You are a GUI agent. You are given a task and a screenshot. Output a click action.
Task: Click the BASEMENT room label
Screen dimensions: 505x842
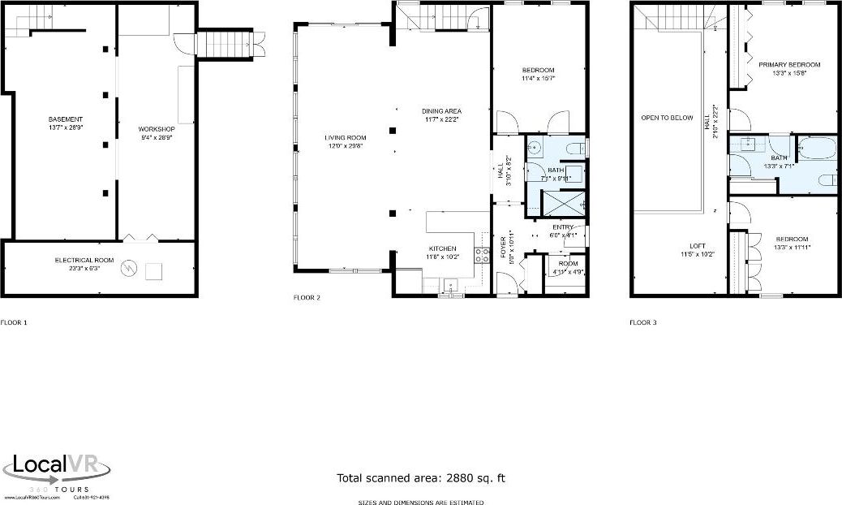point(61,119)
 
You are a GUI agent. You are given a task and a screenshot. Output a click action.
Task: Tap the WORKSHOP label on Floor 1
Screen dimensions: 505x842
point(157,129)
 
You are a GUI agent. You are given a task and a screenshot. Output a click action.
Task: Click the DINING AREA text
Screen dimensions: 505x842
point(441,111)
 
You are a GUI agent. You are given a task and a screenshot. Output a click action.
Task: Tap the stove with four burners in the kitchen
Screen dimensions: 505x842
point(482,254)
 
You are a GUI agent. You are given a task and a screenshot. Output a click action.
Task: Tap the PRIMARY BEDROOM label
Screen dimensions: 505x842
point(788,65)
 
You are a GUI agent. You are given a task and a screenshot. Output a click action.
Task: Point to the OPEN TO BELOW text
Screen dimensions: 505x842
point(667,118)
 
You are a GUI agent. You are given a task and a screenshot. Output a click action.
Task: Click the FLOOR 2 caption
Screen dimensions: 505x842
point(307,298)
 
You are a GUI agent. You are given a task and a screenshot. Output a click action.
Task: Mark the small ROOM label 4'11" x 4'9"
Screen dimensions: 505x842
point(568,263)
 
